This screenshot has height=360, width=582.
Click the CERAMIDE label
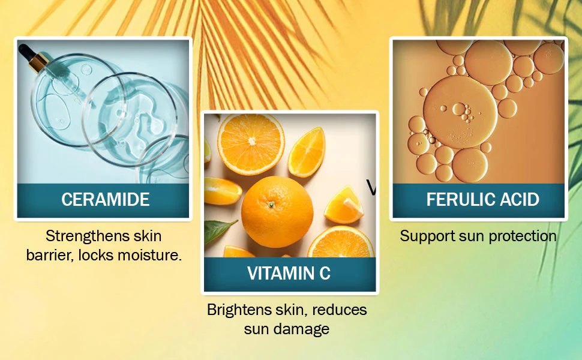coord(106,199)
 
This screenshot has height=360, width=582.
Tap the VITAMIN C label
coord(289,273)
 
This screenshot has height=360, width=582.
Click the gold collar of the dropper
coord(40,63)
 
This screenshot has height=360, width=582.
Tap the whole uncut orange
coord(277,212)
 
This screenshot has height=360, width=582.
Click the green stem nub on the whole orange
coord(272,204)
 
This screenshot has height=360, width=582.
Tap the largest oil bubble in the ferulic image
coord(460,112)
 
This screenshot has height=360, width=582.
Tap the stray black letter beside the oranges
coord(371,187)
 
